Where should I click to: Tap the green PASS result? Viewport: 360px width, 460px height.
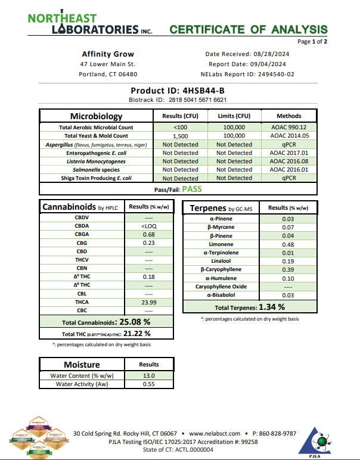click(x=192, y=189)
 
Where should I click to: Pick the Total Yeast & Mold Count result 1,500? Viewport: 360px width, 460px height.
click(x=180, y=136)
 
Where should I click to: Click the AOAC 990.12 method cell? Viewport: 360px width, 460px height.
click(x=288, y=128)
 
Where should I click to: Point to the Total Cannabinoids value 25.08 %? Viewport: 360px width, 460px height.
click(x=139, y=322)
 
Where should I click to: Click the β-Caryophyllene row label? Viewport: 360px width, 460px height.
click(x=221, y=269)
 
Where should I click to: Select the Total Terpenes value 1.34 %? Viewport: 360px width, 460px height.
click(x=272, y=307)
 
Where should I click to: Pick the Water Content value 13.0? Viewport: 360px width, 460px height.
click(x=148, y=376)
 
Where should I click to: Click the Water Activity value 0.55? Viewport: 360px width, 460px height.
click(x=148, y=384)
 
